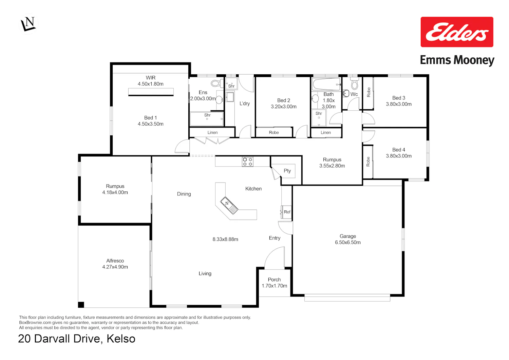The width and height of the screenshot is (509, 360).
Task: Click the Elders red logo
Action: tap(457, 32)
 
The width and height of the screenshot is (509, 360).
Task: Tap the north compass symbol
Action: tap(28, 24)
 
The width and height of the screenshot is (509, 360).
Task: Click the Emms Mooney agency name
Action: tap(457, 60)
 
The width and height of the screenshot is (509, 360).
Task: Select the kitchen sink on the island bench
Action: tap(229, 206)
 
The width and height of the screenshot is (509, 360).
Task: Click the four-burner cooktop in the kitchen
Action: tap(247, 162)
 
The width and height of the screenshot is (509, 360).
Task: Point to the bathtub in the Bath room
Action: tap(326, 84)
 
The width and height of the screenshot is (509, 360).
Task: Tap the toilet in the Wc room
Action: tap(355, 83)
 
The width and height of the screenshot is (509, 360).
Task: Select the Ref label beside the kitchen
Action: tap(287, 212)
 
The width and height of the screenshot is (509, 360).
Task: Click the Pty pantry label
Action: tap(287, 171)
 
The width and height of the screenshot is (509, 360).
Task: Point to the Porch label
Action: tap(274, 280)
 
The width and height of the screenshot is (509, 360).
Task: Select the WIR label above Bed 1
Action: tap(151, 77)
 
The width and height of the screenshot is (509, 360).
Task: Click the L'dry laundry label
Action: tap(245, 103)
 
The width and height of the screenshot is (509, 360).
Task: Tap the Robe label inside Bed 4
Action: tap(368, 162)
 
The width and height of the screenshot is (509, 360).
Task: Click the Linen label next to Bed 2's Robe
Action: tap(326, 133)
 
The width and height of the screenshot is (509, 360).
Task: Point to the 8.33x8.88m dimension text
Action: tap(225, 239)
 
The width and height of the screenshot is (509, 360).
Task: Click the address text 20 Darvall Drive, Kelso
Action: tap(77, 339)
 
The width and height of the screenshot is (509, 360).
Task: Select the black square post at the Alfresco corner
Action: tap(81, 305)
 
